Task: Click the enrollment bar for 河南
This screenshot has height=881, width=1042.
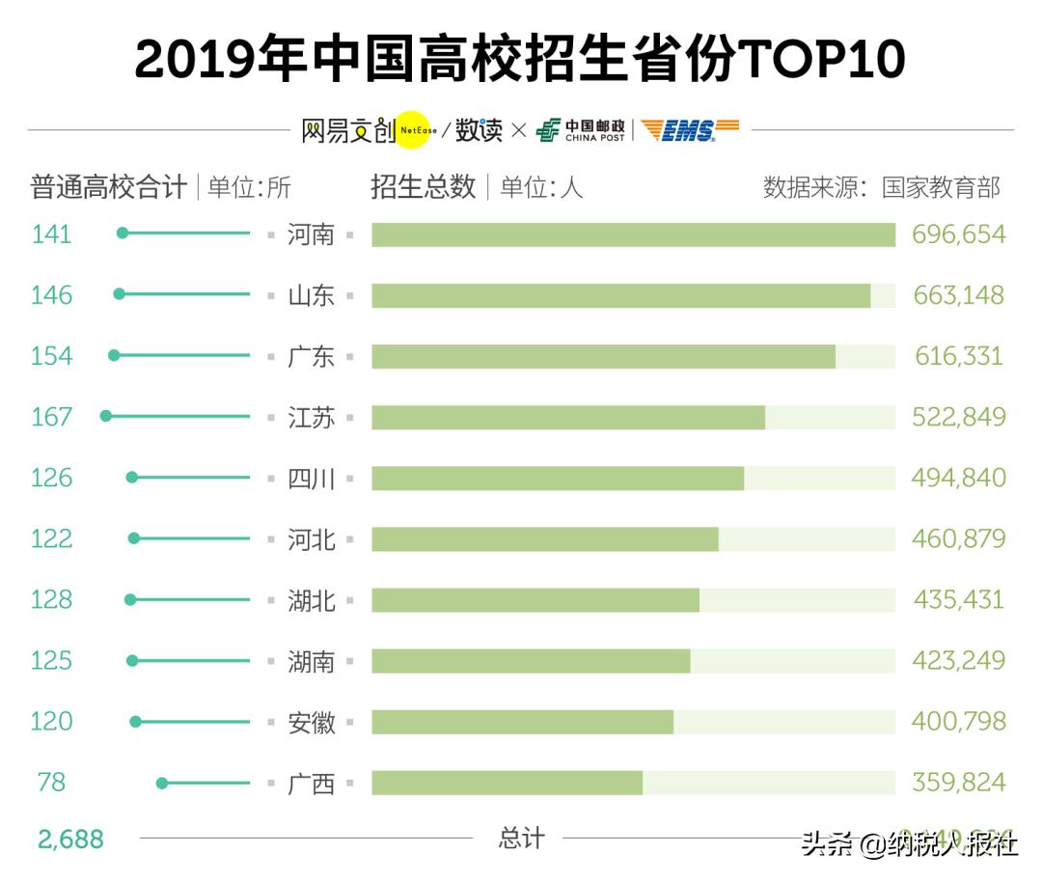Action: click(x=633, y=234)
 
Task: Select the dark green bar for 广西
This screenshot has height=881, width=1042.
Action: click(x=507, y=783)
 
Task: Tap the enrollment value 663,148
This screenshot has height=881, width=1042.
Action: click(x=959, y=295)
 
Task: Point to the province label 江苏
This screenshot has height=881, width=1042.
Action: click(x=311, y=417)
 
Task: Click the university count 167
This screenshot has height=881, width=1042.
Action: click(x=51, y=417)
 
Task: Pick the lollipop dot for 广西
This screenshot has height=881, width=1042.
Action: click(x=162, y=783)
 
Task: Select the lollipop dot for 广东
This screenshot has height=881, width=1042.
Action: click(x=114, y=355)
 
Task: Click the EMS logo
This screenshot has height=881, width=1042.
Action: click(x=690, y=130)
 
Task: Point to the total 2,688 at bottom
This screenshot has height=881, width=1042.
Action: click(x=70, y=839)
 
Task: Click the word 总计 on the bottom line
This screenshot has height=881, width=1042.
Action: click(x=521, y=839)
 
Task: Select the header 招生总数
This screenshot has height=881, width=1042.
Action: click(x=424, y=186)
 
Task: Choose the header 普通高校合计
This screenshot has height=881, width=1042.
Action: click(x=108, y=186)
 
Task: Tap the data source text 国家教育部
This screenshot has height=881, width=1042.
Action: click(x=941, y=186)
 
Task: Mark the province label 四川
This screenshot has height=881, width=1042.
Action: click(x=311, y=478)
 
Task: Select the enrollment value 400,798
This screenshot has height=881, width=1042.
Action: click(x=959, y=722)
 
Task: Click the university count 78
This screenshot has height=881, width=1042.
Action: click(x=51, y=783)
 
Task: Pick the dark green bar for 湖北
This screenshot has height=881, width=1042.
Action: click(x=535, y=600)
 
